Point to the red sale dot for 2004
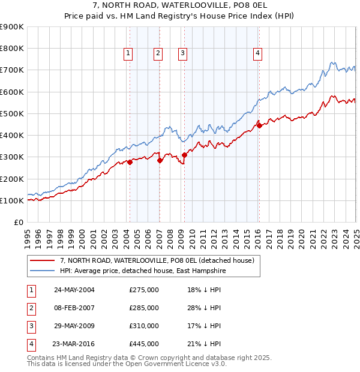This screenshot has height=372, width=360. point(130,162)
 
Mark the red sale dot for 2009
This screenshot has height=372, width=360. point(185,155)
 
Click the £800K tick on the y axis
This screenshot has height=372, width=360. point(12,49)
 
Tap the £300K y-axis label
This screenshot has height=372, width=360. point(12,157)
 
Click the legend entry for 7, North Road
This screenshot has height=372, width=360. point(158,260)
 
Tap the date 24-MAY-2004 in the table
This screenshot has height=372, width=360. point(74,290)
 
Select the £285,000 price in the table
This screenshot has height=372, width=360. point(144,308)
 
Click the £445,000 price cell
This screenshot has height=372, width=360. point(144,344)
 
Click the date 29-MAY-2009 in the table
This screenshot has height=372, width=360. point(74,326)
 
